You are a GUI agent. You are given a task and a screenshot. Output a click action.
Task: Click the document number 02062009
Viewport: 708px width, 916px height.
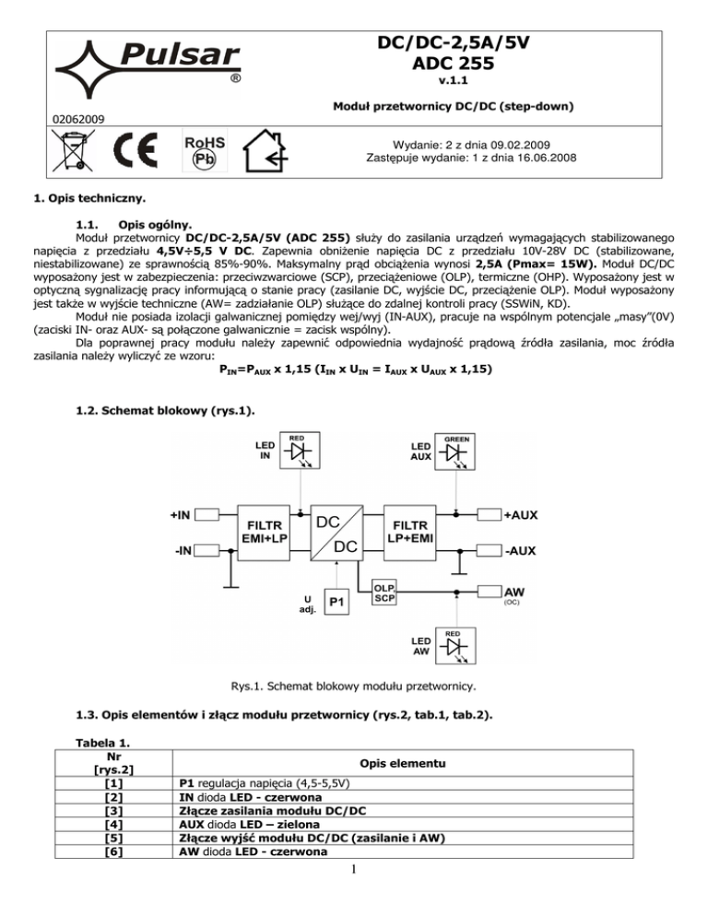click(x=78, y=118)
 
